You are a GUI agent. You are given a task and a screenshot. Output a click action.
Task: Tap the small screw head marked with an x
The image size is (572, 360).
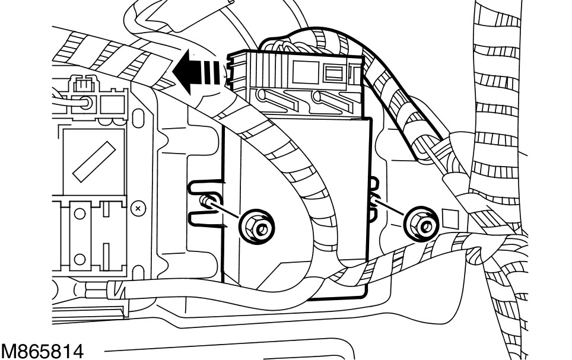pos(138,209)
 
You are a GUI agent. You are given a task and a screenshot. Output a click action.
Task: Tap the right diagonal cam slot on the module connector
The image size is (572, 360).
pos(323,97)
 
